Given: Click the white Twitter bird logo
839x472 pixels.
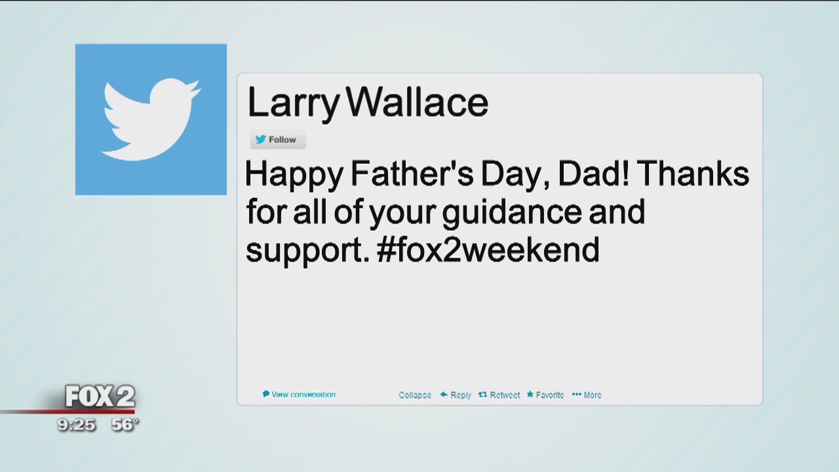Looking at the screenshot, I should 151,119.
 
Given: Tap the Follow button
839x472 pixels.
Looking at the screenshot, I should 278,140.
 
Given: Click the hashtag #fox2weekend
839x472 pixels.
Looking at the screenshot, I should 488,250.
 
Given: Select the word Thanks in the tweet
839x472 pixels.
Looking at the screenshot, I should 693,174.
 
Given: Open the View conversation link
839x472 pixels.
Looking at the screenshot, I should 300,395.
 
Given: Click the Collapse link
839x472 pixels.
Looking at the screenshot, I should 415,395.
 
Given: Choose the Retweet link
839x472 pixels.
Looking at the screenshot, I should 499,395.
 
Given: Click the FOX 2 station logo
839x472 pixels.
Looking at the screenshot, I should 100,397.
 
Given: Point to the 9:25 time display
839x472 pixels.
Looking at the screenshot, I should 76,425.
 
